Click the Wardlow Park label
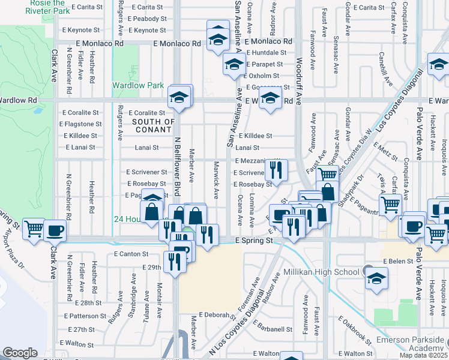[138, 85]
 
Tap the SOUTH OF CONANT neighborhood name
[153, 126]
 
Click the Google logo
[20, 353]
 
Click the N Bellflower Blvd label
[177, 166]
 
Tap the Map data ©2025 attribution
[423, 355]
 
